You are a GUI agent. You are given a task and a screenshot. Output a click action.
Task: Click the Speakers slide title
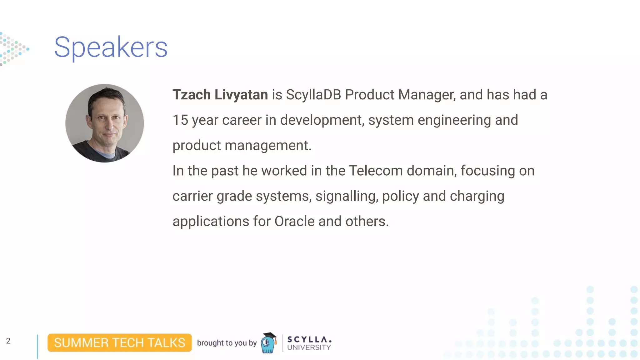click(x=111, y=47)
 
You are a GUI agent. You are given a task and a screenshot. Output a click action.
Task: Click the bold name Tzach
click(x=191, y=95)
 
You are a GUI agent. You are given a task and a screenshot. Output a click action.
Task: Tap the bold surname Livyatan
click(x=241, y=95)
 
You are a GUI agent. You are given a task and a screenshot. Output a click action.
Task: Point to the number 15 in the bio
click(x=180, y=120)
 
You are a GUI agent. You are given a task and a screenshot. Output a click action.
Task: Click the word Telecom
click(x=376, y=171)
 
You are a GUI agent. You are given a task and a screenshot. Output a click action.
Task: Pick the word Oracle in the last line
click(x=294, y=222)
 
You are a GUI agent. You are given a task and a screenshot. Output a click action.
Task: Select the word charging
click(x=477, y=196)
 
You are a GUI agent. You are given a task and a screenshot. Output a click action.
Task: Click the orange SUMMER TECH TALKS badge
click(x=119, y=343)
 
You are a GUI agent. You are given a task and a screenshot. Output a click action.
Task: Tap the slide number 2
click(x=8, y=341)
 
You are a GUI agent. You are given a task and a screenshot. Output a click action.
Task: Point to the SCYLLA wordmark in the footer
click(x=309, y=339)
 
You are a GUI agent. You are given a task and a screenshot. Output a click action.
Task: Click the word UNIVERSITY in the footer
click(x=309, y=347)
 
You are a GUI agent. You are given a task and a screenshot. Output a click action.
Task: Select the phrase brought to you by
click(x=227, y=343)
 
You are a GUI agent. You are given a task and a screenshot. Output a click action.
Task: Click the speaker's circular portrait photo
click(x=105, y=123)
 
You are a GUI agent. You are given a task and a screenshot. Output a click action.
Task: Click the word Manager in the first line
click(x=426, y=95)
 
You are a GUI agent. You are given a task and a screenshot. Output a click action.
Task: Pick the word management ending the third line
click(x=267, y=146)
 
